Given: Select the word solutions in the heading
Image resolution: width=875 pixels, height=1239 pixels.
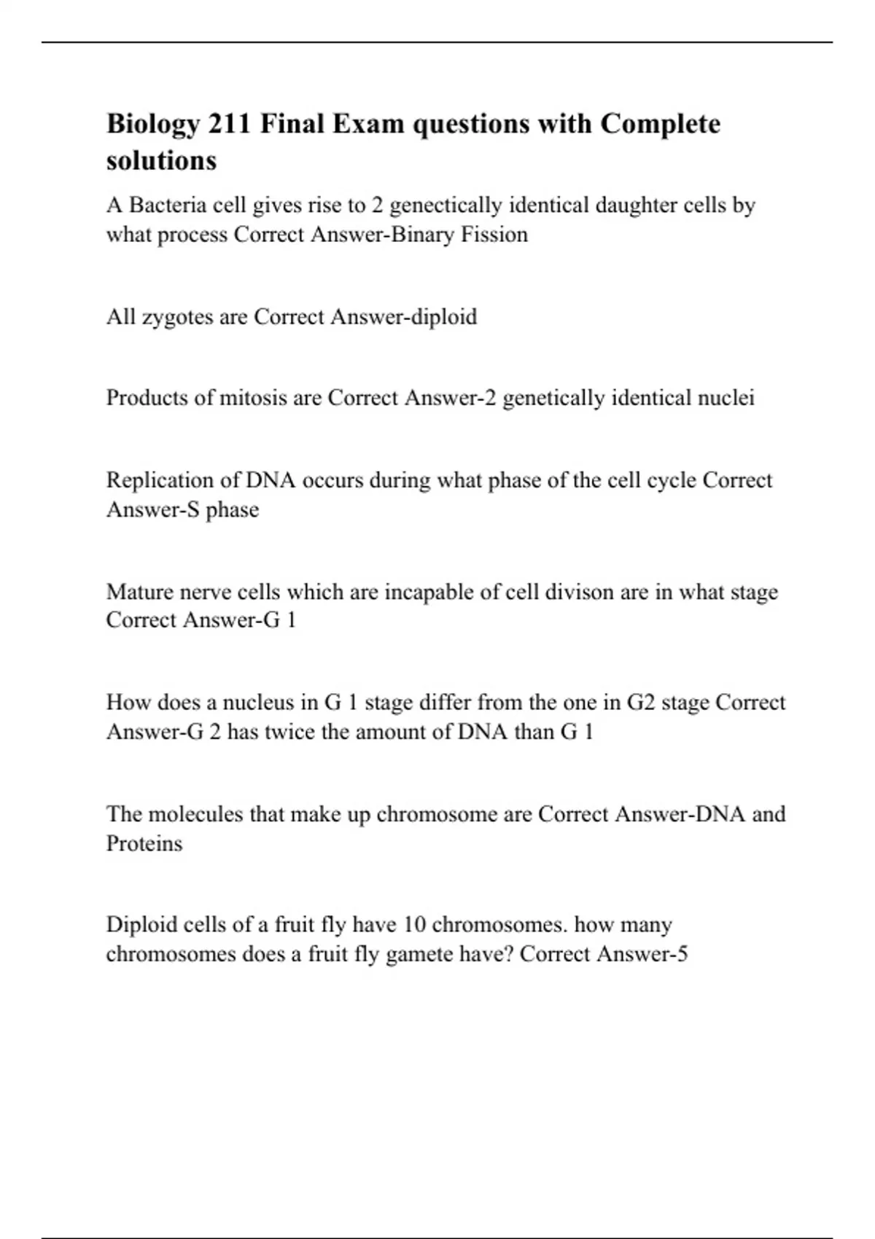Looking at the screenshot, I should click(161, 160).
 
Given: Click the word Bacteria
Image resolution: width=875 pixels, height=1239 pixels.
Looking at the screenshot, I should click(168, 206).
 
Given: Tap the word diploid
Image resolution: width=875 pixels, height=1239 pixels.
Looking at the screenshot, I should click(445, 318).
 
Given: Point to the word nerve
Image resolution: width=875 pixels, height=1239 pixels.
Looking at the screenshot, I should click(205, 592).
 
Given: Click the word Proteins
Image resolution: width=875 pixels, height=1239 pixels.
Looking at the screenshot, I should click(144, 844).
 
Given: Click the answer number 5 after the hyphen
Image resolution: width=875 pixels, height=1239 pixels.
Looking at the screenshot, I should click(682, 954).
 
